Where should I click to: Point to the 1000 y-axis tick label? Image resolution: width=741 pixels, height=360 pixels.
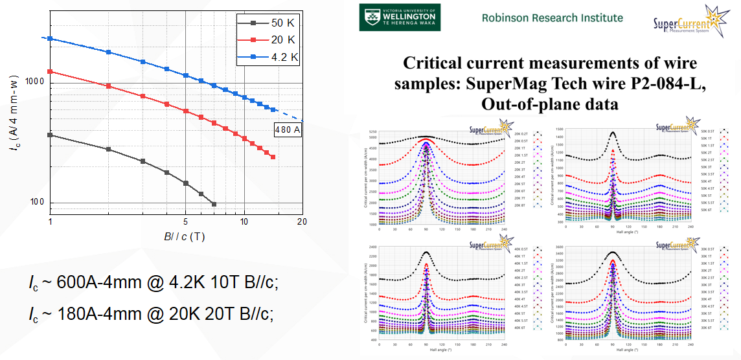click(x=34, y=82)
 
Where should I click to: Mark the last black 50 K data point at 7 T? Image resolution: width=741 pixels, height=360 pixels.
click(x=214, y=204)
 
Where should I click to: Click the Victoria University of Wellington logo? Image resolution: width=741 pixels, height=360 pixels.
click(x=400, y=17)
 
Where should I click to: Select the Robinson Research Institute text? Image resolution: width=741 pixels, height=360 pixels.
click(x=552, y=17)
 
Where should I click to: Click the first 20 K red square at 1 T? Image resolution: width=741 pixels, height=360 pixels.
click(x=50, y=72)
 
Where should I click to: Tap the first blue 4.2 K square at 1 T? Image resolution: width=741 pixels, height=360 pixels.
click(x=50, y=39)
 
